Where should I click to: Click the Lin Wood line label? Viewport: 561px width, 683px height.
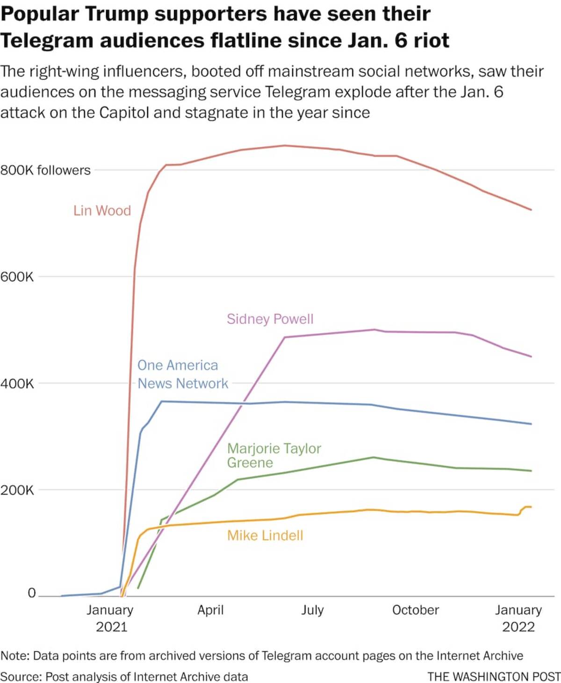(102, 211)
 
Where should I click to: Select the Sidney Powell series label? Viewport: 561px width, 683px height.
(270, 319)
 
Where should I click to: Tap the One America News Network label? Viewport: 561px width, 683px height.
(182, 374)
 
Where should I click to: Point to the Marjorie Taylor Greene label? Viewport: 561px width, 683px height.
(274, 455)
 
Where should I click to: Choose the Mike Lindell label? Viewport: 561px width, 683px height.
(265, 535)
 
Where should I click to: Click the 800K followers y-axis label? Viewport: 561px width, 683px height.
(45, 170)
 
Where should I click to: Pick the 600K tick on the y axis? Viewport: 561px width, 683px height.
(17, 277)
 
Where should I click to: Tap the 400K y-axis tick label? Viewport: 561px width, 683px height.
(17, 383)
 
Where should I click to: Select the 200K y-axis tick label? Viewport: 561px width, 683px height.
(17, 490)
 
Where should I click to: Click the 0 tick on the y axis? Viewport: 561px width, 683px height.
(31, 593)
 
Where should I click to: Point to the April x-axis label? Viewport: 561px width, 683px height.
(210, 610)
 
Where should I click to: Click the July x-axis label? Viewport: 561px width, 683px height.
(312, 610)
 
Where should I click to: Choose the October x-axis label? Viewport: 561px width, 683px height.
(416, 610)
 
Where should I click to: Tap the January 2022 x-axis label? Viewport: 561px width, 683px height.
(518, 618)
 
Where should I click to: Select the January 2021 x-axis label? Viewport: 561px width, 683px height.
(110, 618)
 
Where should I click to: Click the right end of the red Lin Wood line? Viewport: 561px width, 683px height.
(531, 210)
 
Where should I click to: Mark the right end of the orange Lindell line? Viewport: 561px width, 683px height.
(531, 507)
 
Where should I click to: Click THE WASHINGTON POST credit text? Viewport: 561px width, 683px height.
(494, 676)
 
